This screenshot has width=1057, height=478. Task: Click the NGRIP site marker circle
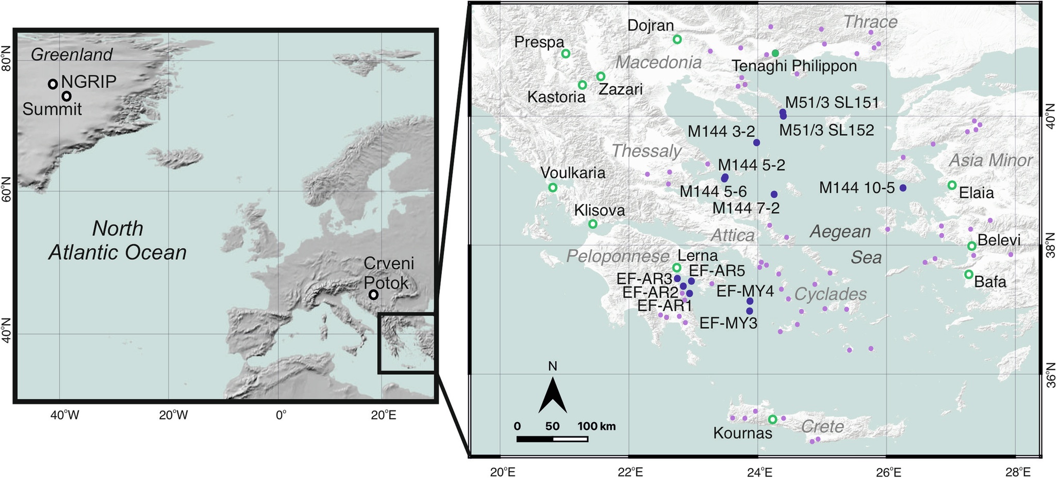[x=53, y=84]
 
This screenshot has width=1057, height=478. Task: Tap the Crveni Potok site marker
[x=373, y=295]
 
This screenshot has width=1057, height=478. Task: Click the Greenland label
[x=72, y=55]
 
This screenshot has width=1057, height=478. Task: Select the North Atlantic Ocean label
[x=118, y=241]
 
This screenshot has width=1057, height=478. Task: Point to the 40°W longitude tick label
[x=64, y=415]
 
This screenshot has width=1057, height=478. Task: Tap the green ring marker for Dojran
[x=677, y=39]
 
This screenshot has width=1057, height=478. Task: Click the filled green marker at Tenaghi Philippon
[x=775, y=53]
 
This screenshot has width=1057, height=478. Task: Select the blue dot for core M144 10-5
[x=902, y=188]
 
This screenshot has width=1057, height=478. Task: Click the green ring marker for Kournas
[x=772, y=419]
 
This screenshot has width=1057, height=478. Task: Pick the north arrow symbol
[x=552, y=395]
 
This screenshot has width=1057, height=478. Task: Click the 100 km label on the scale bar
[x=596, y=427]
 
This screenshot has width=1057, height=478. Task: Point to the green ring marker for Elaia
[x=952, y=185]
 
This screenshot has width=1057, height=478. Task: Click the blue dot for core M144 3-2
[x=756, y=142]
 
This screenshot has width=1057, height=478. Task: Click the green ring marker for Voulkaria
[x=553, y=187]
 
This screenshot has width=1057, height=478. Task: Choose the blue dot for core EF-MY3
[x=749, y=311]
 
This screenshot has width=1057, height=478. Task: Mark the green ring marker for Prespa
[x=566, y=53]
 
